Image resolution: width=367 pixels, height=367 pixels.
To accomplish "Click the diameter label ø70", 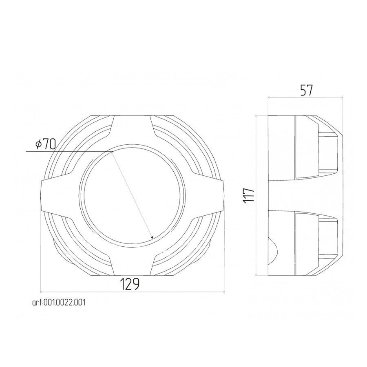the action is (x=46, y=144).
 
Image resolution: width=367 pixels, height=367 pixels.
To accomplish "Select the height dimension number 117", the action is (x=249, y=195).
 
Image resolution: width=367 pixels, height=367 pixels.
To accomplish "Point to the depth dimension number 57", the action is (x=306, y=91).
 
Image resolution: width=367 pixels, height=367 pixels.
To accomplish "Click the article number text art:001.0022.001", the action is (x=59, y=303).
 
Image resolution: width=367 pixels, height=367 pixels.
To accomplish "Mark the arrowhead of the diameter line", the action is (x=152, y=237).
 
